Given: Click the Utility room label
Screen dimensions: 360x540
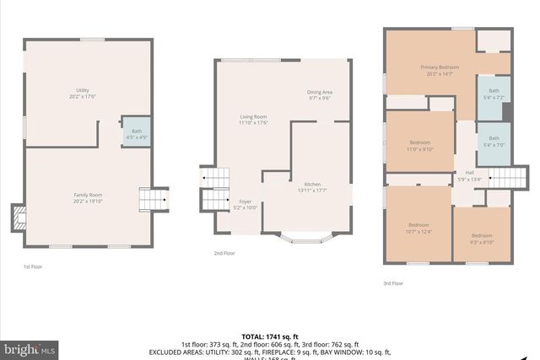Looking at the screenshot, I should pyautogui.click(x=82, y=93).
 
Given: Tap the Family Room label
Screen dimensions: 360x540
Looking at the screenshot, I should pyautogui.click(x=88, y=198).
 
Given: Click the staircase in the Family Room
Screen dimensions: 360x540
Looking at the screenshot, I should pyautogui.click(x=154, y=198).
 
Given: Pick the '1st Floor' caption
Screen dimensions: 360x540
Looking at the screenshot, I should pyautogui.click(x=32, y=266).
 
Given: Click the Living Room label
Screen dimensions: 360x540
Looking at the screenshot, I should pyautogui.click(x=253, y=119).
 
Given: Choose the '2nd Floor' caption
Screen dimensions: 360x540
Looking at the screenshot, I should pyautogui.click(x=224, y=253).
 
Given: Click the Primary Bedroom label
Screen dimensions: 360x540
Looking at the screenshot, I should pyautogui.click(x=440, y=70).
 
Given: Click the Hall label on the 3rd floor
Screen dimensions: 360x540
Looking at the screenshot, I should pyautogui.click(x=469, y=175).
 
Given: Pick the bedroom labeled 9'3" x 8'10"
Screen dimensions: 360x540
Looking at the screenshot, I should pyautogui.click(x=482, y=238).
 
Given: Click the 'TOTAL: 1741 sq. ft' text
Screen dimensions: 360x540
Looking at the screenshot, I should pyautogui.click(x=269, y=336).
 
